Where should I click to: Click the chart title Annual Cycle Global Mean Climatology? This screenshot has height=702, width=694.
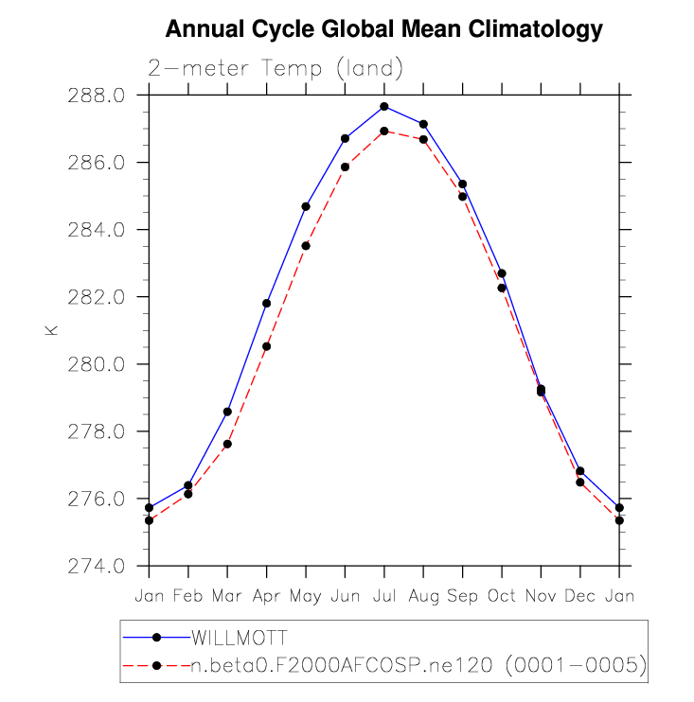click(x=383, y=30)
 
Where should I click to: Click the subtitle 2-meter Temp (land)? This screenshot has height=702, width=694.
click(x=276, y=68)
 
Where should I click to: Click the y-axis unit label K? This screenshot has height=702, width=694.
click(x=51, y=330)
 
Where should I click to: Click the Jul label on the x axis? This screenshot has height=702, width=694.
click(x=384, y=596)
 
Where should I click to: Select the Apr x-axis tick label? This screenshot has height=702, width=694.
click(x=266, y=596)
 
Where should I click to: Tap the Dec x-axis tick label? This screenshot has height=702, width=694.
click(x=579, y=596)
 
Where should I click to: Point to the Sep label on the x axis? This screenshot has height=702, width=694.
click(x=462, y=596)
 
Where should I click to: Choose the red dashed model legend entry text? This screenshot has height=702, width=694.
click(x=418, y=666)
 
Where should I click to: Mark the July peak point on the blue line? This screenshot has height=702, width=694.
click(x=384, y=106)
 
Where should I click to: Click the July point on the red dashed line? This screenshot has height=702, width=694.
click(x=384, y=131)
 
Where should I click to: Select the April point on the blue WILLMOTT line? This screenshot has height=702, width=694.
click(x=267, y=303)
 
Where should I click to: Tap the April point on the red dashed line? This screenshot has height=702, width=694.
click(x=267, y=346)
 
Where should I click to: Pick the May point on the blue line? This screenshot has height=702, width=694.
click(x=306, y=206)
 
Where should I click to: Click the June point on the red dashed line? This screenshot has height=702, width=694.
click(x=345, y=167)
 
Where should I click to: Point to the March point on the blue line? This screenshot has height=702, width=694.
click(x=227, y=412)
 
